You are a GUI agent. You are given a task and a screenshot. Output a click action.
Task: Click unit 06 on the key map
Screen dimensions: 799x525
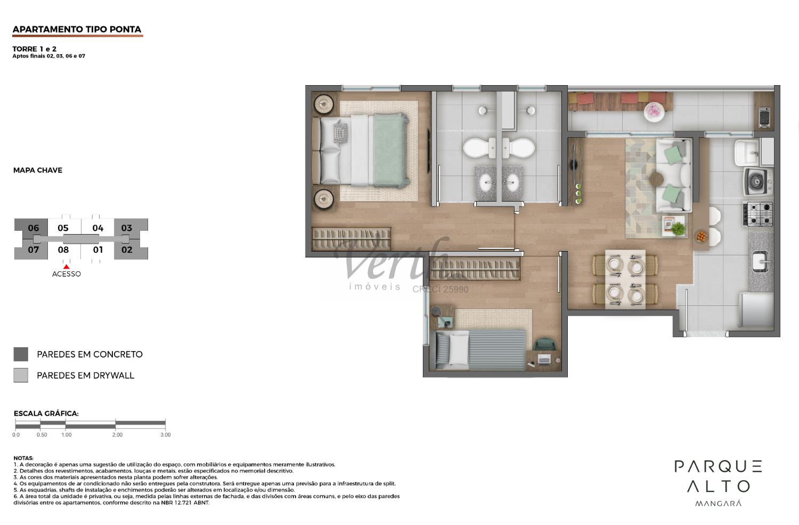coord(33,228)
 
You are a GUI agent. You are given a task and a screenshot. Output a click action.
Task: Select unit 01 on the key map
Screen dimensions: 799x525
coord(98,249)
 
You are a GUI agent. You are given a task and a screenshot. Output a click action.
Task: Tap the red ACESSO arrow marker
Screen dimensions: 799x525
coord(67,266)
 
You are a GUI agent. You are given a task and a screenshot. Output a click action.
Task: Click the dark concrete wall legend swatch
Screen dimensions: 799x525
coord(21,354)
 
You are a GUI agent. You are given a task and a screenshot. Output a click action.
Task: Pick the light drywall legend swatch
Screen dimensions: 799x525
coord(21,375)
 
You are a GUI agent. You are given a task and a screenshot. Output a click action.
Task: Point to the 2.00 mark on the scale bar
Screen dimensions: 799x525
coord(116,424)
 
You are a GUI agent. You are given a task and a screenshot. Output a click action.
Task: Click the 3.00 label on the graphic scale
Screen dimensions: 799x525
coord(166,435)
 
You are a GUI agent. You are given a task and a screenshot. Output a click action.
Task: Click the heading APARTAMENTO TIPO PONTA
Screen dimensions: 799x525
coord(77,29)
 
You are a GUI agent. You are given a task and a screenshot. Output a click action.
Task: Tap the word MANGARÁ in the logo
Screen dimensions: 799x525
coord(719,503)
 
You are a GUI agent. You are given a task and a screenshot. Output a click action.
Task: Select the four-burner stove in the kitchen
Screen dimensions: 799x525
coord(758,214)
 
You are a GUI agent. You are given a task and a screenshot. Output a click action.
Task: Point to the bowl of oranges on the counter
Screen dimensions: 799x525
coord(702,236)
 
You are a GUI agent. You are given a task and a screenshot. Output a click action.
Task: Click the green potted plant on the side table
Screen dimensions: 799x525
coord(678,229)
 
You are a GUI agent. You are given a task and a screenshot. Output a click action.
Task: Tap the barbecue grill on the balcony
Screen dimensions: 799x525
coord(764,117)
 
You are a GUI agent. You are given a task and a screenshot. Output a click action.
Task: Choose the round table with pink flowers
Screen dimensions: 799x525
coord(654,112)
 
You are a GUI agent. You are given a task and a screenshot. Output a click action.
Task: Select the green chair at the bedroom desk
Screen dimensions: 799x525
coord(545,344)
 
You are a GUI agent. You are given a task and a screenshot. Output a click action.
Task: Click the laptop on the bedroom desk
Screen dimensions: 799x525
coord(544,360)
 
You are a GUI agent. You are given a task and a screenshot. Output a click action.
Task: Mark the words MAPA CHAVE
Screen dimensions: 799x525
coord(38,170)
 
